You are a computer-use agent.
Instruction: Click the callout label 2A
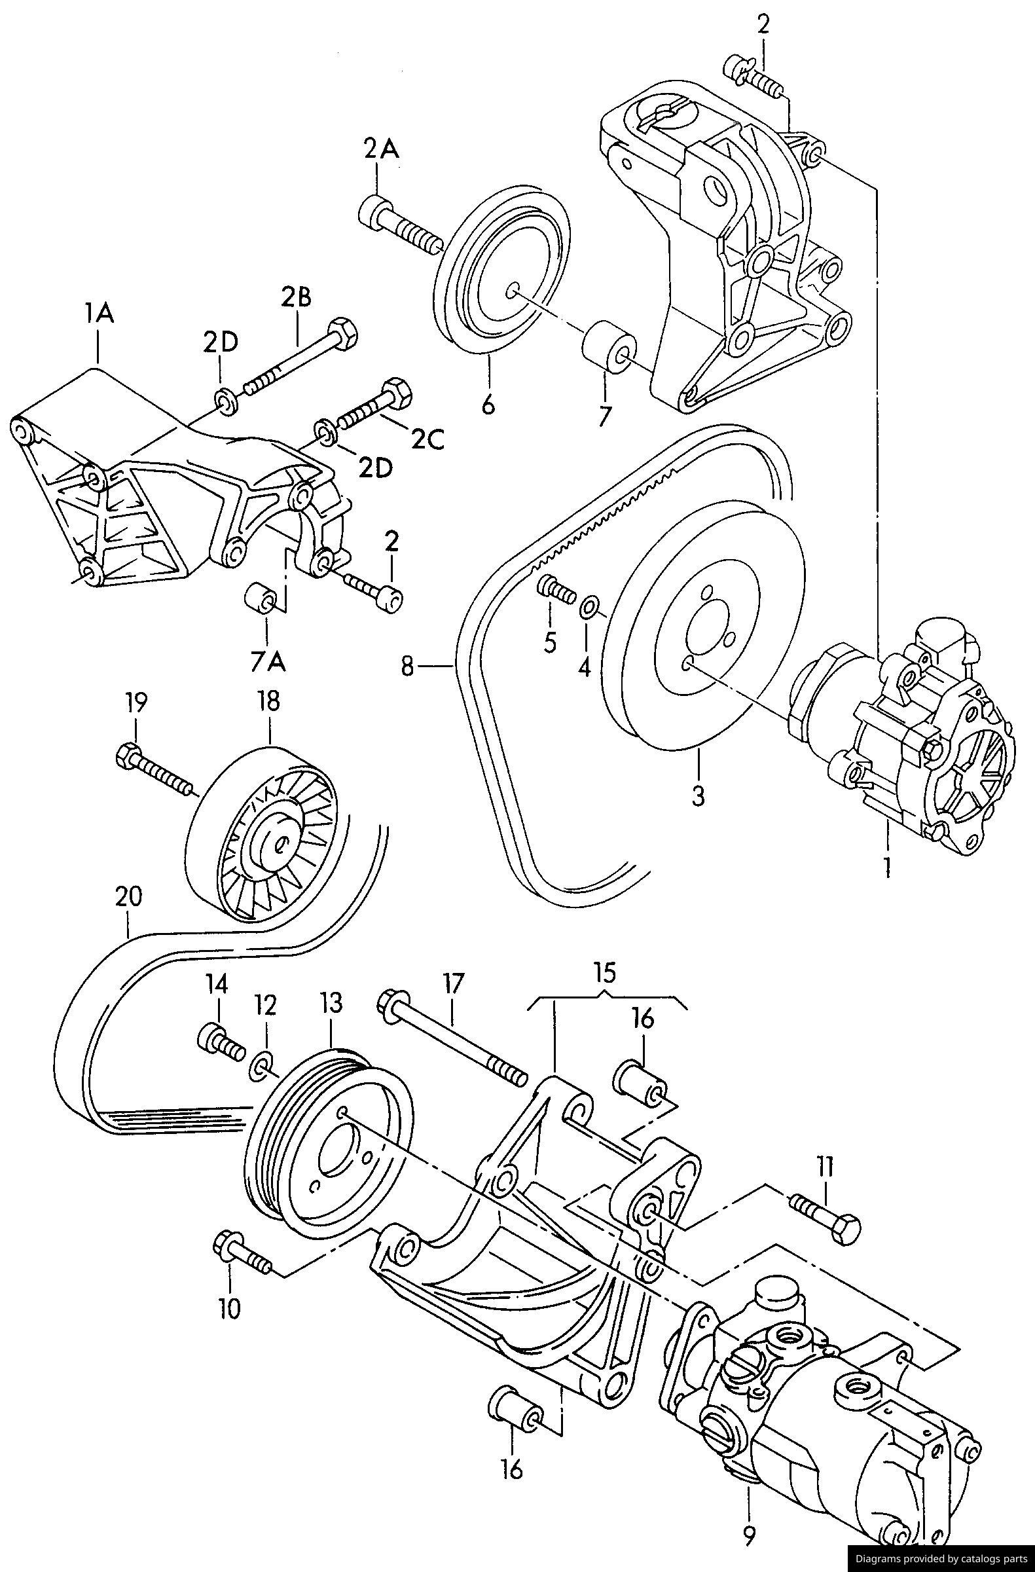[381, 151]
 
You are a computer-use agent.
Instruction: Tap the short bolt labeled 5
[553, 587]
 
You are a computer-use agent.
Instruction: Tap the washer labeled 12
[263, 1066]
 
